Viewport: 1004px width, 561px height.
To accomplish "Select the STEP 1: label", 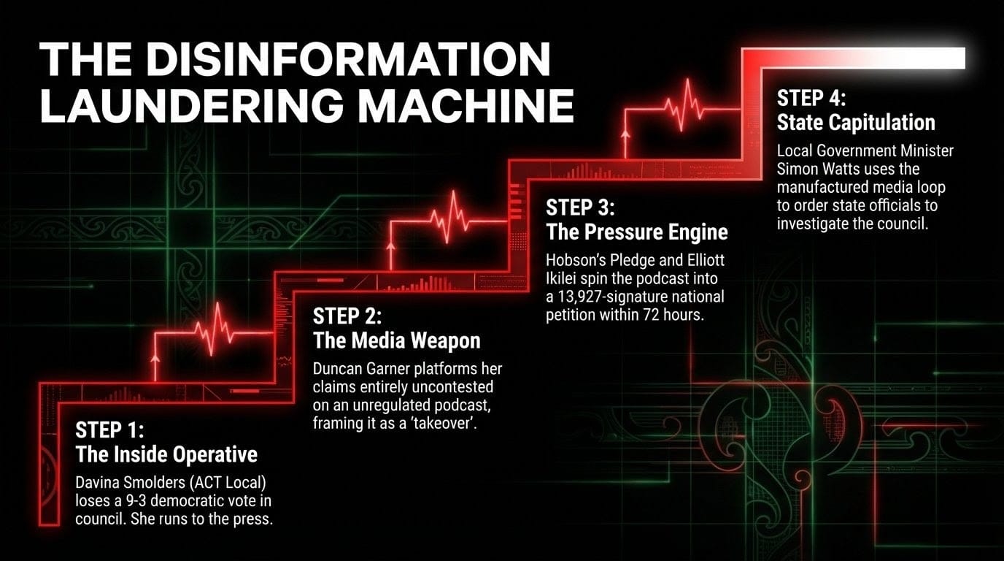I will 109,430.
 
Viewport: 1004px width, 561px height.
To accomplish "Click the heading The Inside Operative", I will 166,454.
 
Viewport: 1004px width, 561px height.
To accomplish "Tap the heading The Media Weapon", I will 396,340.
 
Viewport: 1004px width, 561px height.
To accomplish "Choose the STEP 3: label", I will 582,207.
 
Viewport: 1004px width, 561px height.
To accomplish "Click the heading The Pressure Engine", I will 637,232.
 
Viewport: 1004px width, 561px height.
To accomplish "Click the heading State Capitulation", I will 856,122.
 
